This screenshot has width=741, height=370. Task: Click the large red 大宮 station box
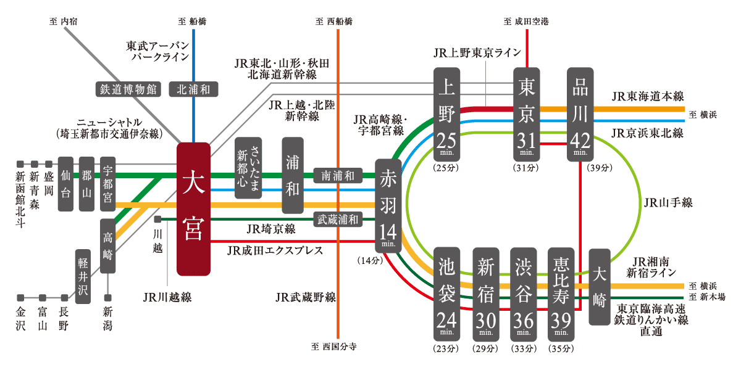tap(193, 209)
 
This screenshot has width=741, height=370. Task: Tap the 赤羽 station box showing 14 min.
tap(388, 206)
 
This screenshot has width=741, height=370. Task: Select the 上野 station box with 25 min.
tap(446, 114)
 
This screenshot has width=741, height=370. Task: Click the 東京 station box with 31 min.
tap(526, 114)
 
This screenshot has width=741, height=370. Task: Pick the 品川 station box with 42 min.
tap(580, 114)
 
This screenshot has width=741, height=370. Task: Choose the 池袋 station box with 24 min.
tap(446, 294)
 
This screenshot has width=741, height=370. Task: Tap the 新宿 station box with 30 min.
tap(485, 294)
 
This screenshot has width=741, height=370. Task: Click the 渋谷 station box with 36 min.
tap(524, 294)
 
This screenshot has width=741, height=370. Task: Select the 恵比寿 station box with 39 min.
tap(561, 294)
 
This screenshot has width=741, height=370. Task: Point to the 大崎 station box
tap(600, 287)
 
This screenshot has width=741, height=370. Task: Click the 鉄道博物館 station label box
tap(128, 89)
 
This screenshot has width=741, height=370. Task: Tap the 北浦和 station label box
tap(193, 89)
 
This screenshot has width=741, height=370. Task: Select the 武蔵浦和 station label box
tap(338, 220)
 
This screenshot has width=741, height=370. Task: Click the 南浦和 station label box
tap(338, 175)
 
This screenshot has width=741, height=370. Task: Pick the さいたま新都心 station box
tap(248, 168)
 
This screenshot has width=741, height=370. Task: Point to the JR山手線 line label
tap(668, 202)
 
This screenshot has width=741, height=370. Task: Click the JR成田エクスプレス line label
tap(275, 250)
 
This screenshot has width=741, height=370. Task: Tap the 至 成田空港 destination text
tap(526, 22)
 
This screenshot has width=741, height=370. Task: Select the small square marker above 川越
tap(158, 219)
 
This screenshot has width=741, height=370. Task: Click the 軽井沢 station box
tap(83, 276)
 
